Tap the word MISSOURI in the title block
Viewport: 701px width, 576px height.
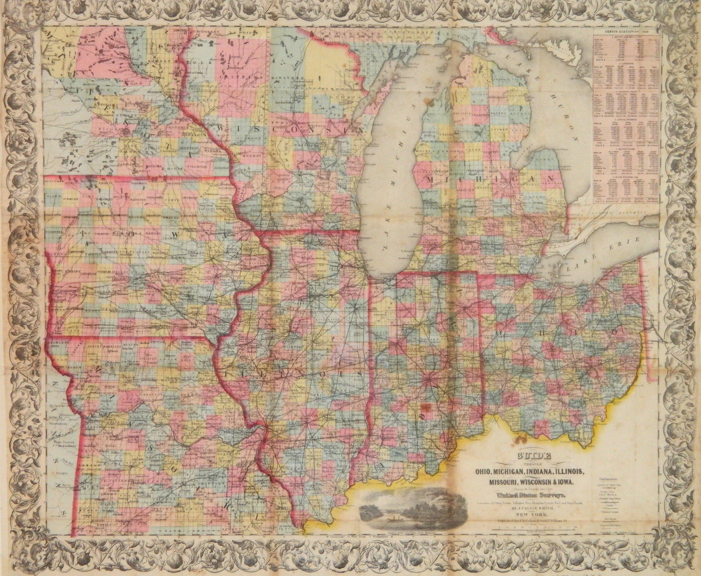(501, 482)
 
